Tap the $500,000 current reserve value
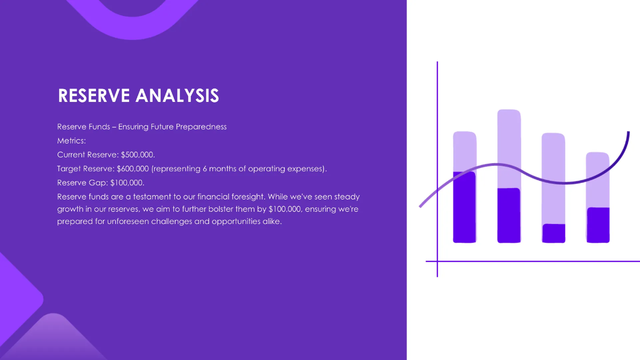(x=138, y=155)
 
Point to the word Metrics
(x=71, y=141)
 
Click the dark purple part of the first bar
(x=464, y=208)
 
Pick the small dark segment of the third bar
(x=554, y=233)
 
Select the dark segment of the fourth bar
(x=597, y=225)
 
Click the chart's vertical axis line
(x=437, y=107)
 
